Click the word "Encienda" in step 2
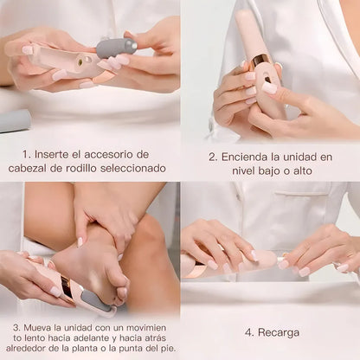click(x=251, y=157)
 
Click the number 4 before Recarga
click(x=248, y=331)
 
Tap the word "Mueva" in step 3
click(x=36, y=329)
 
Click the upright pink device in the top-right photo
click(x=262, y=65)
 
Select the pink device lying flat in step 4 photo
click(x=227, y=263)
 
